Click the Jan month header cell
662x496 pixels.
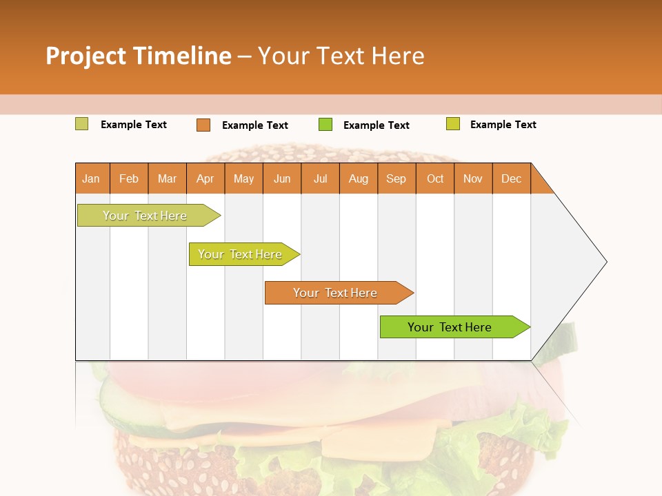(92, 178)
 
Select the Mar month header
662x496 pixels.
(167, 178)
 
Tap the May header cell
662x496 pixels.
(243, 178)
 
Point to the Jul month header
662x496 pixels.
(320, 178)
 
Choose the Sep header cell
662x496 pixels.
(397, 178)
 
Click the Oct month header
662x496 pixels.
(435, 178)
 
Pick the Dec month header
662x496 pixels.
(511, 178)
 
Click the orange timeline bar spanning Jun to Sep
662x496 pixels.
(335, 293)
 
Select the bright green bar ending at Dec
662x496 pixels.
(450, 327)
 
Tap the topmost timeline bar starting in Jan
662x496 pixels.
(145, 216)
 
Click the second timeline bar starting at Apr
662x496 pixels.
(240, 254)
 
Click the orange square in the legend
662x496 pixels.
(203, 125)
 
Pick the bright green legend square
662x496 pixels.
(325, 125)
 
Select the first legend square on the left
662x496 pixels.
(81, 124)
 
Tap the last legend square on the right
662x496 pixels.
(452, 124)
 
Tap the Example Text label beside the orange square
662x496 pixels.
(255, 125)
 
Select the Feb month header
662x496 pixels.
(129, 178)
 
